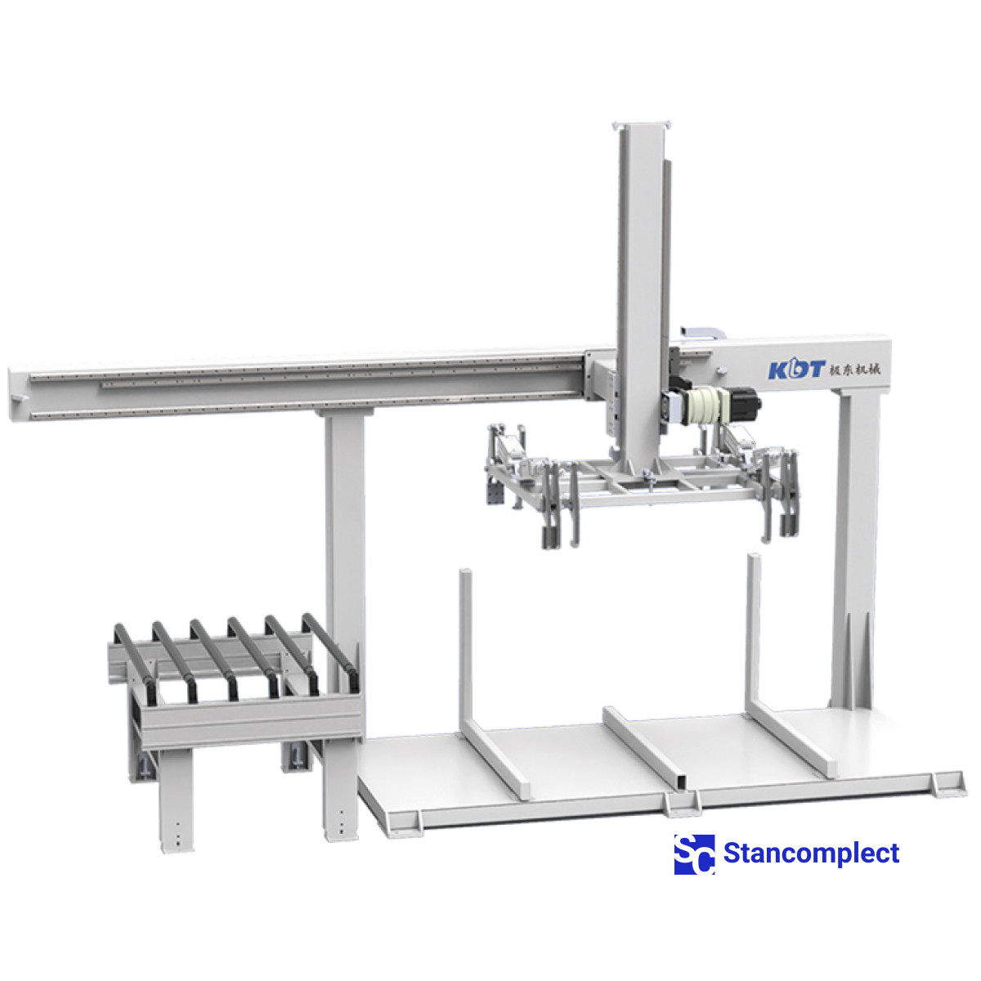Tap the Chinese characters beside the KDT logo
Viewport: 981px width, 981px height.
click(x=854, y=369)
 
